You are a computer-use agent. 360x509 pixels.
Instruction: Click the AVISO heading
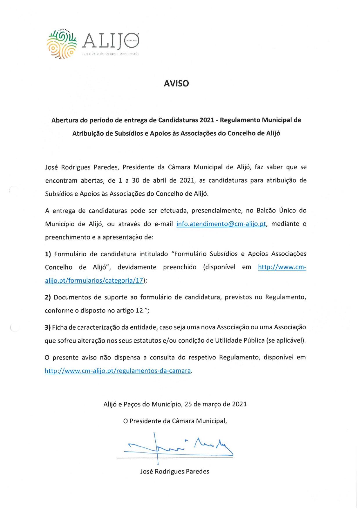tap(176, 84)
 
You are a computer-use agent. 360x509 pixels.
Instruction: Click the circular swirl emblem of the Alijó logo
tap(62, 44)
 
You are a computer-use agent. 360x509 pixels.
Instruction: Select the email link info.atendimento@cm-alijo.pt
tap(221, 224)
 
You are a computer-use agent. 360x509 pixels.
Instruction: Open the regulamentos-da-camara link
tap(118, 371)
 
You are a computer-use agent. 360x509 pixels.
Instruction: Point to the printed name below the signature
tap(174, 471)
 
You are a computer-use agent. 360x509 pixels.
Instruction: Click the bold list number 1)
tap(48, 254)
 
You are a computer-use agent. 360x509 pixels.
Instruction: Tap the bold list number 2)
tap(48, 297)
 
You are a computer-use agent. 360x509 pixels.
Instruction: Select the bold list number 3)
tap(48, 327)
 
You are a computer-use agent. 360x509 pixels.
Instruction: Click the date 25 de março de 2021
tap(215, 404)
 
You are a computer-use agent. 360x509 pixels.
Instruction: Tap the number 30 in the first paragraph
tap(136, 180)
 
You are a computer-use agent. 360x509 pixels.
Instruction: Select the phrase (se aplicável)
tap(286, 340)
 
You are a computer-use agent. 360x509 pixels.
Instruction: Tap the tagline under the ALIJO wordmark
tap(111, 54)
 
